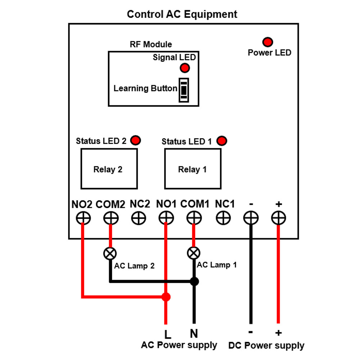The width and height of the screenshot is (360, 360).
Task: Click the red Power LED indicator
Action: [267, 42]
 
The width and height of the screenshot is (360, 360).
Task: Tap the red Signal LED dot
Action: [185, 68]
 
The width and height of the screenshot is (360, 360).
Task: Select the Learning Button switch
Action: [184, 90]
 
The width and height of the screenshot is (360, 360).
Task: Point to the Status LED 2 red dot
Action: [136, 140]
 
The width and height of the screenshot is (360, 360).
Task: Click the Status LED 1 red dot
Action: [222, 141]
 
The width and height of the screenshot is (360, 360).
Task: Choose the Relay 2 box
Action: [109, 169]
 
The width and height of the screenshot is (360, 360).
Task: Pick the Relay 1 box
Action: [192, 169]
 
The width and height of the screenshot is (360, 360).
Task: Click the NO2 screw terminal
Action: [83, 218]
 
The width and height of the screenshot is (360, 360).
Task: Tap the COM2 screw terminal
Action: [111, 218]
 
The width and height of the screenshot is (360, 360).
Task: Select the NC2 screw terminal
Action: [139, 218]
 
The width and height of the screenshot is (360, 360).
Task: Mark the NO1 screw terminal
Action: [166, 218]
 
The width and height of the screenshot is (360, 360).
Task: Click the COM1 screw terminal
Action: [194, 218]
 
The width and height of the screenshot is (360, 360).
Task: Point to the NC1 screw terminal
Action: [224, 218]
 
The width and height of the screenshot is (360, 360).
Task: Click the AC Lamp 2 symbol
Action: [110, 253]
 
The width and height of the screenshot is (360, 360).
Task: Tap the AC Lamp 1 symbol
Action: [194, 253]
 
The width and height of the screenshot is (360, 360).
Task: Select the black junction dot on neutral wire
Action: [194, 281]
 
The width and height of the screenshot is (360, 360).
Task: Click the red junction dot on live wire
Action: [166, 297]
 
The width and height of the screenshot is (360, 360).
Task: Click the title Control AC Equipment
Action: [182, 14]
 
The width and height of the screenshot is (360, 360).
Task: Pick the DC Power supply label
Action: [266, 346]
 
